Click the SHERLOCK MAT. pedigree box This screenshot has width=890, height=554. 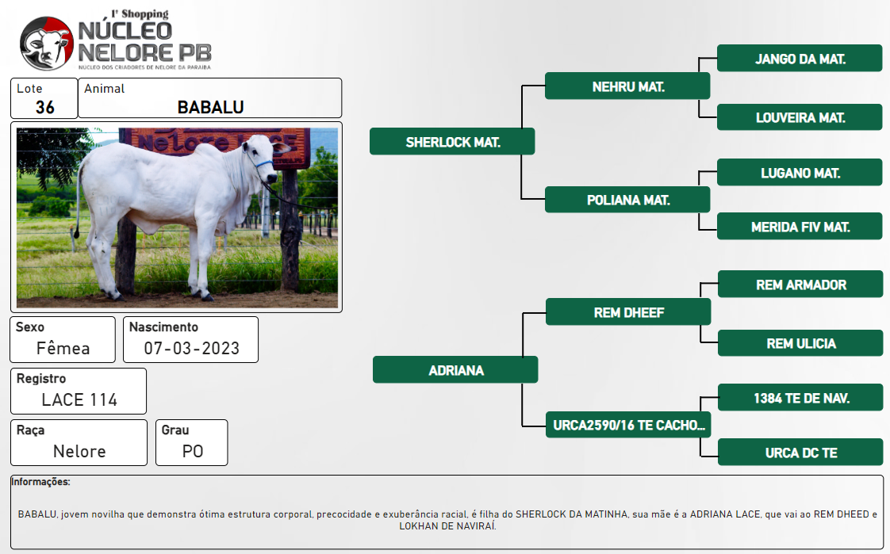coord(452,142)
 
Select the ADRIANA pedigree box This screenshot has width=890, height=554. coord(455,370)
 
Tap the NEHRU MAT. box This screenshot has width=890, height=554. coord(627,86)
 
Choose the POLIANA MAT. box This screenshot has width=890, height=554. coord(627,200)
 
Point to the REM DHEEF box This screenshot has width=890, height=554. coord(628,312)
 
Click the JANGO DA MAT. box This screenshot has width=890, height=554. coord(800,59)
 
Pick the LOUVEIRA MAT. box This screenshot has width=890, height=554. coord(800,117)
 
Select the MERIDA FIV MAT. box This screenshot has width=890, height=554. coord(800,227)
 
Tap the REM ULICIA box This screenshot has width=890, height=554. coord(801,343)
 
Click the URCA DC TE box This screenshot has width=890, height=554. coord(801,453)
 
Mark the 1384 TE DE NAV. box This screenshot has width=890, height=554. coord(801,398)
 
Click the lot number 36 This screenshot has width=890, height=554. coord(45,107)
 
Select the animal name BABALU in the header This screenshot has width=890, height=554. coord(210,107)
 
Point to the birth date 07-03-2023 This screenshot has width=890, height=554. coord(192,348)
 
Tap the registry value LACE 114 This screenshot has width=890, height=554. coord(79,399)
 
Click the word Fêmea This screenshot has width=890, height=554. coord(63,348)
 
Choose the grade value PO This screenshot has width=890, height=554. coord(193,452)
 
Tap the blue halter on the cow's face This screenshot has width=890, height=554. coord(263,164)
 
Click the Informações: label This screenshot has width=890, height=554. coord(41,482)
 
